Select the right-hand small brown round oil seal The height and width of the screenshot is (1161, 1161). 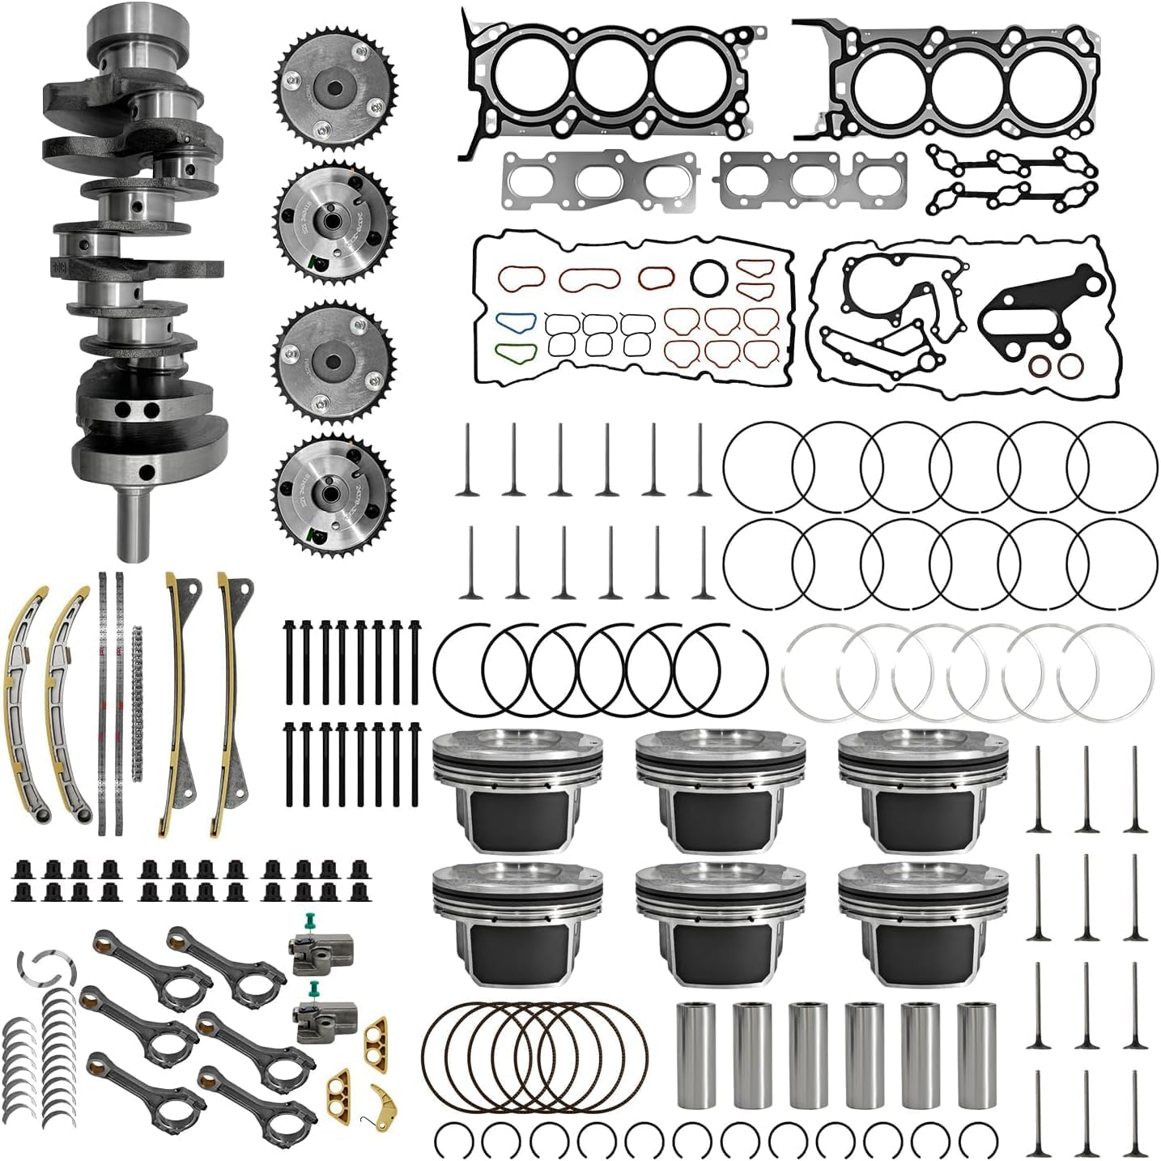coord(1068,365)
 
